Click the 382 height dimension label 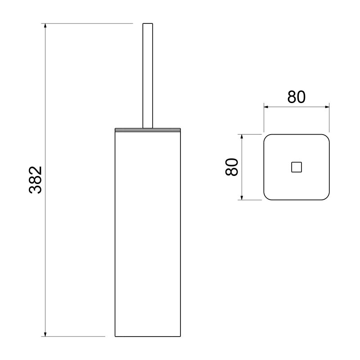pyautogui.click(x=36, y=180)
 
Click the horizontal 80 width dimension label pyautogui.click(x=297, y=97)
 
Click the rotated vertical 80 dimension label pyautogui.click(x=232, y=167)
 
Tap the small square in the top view pyautogui.click(x=297, y=167)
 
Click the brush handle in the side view pyautogui.click(x=148, y=76)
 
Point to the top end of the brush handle pyautogui.click(x=148, y=23)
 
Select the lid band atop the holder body pyautogui.click(x=148, y=130)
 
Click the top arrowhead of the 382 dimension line pyautogui.click(x=45, y=26)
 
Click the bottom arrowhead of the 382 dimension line pyautogui.click(x=45, y=334)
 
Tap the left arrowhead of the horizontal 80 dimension pyautogui.click(x=266, y=107)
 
